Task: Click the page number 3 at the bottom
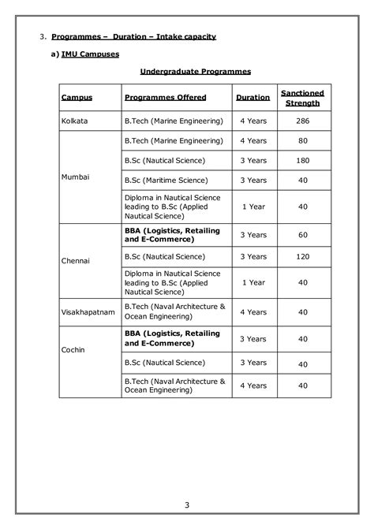(x=187, y=505)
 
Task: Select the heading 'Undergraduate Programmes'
(x=195, y=71)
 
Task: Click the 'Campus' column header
(x=77, y=98)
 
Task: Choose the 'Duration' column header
(x=252, y=98)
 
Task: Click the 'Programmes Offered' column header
(x=166, y=98)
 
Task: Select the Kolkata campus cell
(x=74, y=121)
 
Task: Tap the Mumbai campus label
(x=75, y=177)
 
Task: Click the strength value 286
(x=302, y=121)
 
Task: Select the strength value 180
(x=302, y=161)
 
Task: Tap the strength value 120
(x=302, y=257)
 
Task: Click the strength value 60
(x=302, y=235)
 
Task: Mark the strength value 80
(x=302, y=141)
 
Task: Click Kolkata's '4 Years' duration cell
(x=252, y=121)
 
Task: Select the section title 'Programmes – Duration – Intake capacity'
(x=133, y=37)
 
